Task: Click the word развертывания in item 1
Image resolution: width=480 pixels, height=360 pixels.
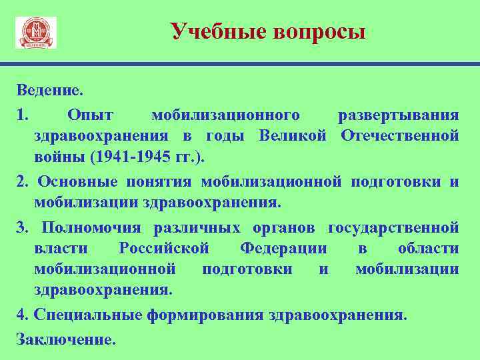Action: click(x=398, y=114)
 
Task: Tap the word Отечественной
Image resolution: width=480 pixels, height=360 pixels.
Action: click(x=399, y=136)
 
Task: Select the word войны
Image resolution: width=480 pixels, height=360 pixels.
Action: click(x=55, y=158)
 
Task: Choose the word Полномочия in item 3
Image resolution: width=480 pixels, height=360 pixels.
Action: click(x=91, y=227)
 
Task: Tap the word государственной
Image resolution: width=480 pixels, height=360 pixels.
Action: click(x=393, y=227)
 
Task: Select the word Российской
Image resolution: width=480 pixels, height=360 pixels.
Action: click(x=163, y=249)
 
